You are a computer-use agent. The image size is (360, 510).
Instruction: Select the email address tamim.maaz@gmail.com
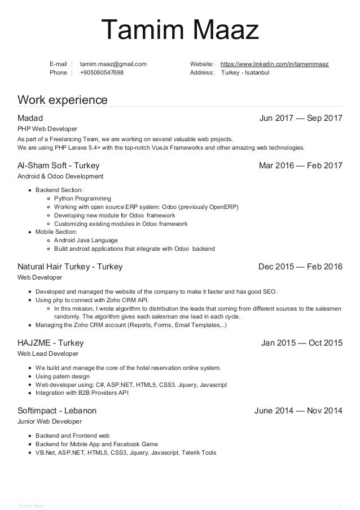(x=113, y=64)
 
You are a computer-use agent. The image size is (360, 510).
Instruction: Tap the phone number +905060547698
(x=103, y=73)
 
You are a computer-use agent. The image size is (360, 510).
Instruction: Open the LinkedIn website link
(x=274, y=64)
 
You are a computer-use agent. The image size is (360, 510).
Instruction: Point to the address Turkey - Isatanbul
(x=245, y=73)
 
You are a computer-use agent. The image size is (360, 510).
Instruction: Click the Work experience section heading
(x=62, y=101)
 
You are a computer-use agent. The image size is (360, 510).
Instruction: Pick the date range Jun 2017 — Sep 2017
(x=300, y=118)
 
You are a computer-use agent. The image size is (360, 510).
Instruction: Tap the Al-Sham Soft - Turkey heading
(x=59, y=166)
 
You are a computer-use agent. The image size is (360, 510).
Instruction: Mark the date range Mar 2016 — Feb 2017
(x=300, y=166)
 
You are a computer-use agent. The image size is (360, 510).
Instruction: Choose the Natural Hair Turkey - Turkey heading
(x=70, y=267)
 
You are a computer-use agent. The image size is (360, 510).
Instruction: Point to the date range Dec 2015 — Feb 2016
(x=300, y=267)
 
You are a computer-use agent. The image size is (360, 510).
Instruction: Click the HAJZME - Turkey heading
(x=51, y=342)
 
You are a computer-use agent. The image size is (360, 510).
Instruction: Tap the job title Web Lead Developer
(x=48, y=354)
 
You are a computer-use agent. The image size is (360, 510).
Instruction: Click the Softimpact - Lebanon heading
(x=57, y=410)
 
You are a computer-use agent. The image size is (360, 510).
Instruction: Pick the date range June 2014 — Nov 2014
(x=298, y=410)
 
